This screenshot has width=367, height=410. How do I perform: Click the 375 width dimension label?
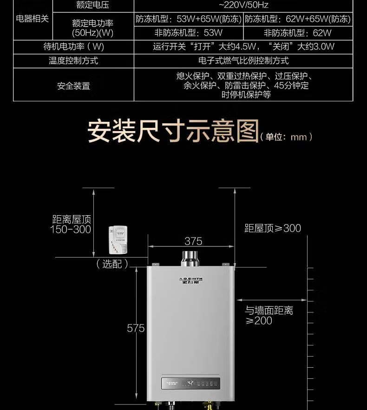[x=193, y=241]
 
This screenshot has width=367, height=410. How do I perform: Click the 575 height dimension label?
[x=136, y=328]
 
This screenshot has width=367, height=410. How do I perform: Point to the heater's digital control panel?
[x=190, y=384]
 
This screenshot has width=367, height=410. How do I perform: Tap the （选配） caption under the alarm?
[x=112, y=264]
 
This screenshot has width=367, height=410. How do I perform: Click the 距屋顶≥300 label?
[x=273, y=228]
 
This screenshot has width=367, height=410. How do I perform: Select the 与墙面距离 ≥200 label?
[x=269, y=316]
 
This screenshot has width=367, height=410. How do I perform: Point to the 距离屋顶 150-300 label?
[x=71, y=224]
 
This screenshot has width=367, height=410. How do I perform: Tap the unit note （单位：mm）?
[x=286, y=137]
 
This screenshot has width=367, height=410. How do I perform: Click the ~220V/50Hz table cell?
[x=243, y=6]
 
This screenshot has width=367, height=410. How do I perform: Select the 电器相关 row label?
[x=32, y=19]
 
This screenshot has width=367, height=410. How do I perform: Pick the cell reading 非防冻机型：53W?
[x=188, y=33]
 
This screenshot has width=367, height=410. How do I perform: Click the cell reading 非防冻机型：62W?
[x=298, y=33]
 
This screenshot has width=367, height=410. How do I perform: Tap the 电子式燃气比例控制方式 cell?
[x=243, y=61]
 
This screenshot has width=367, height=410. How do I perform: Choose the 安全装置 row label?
[x=73, y=86]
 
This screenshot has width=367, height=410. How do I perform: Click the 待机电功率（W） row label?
[x=73, y=47]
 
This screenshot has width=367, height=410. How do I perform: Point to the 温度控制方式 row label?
[x=73, y=61]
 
